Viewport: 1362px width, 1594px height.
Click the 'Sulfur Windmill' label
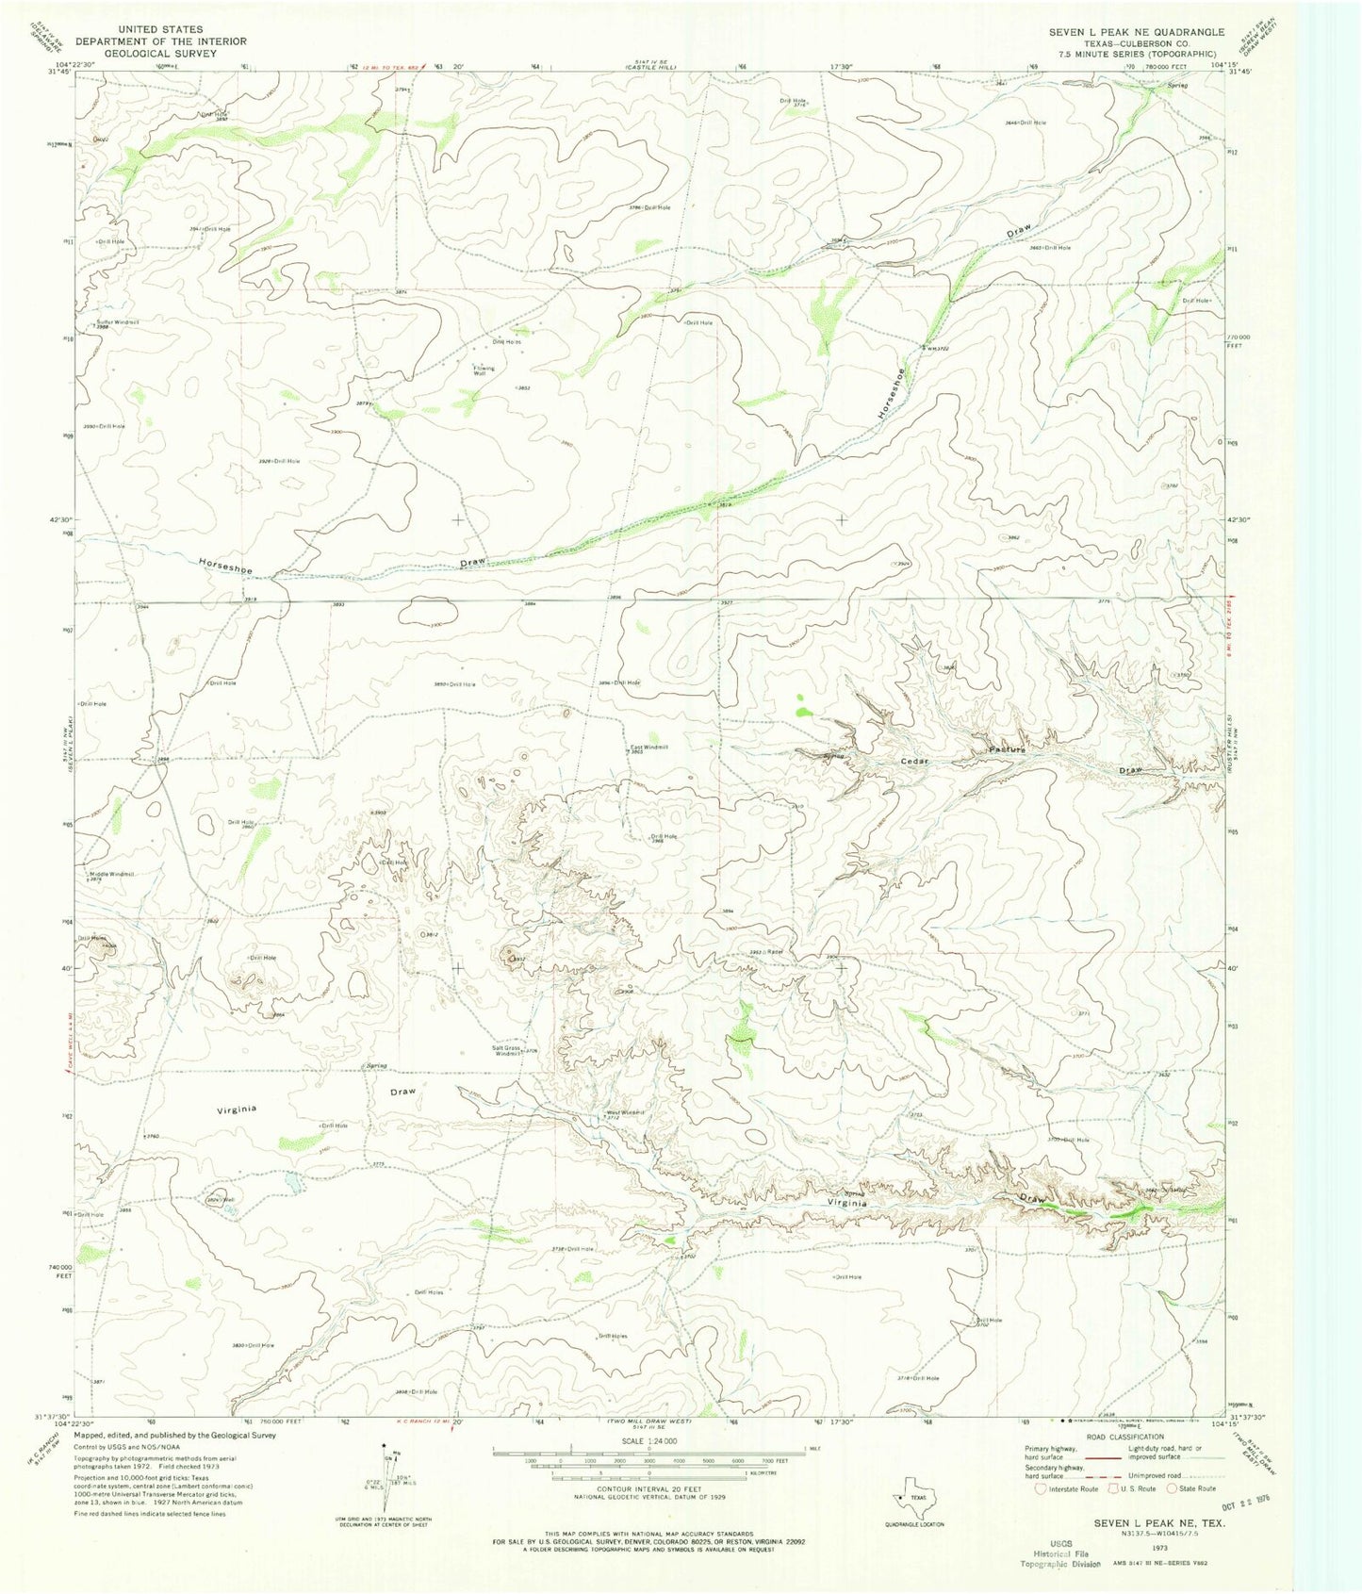[x=117, y=321]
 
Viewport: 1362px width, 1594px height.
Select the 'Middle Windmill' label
[x=111, y=874]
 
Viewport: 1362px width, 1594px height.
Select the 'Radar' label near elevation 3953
[x=776, y=952]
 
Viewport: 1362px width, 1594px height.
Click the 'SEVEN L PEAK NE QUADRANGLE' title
[x=1136, y=31]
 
